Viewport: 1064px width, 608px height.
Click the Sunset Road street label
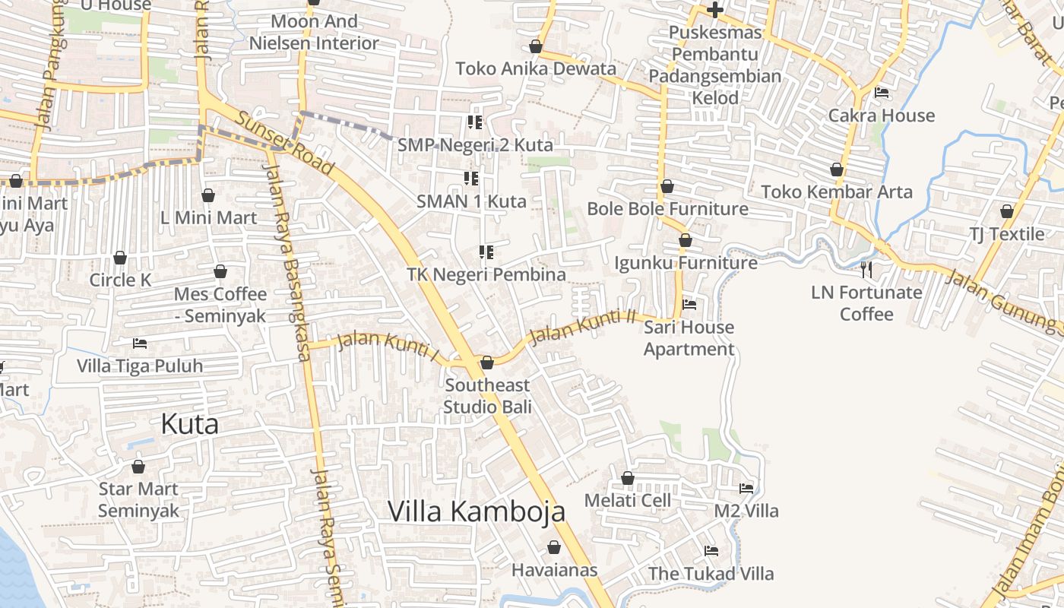pos(284,144)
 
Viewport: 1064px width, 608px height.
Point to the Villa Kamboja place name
pos(477,511)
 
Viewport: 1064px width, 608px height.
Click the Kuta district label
pos(190,424)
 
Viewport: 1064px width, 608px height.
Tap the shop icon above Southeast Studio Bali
pos(487,363)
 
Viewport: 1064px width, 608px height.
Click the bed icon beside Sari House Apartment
pos(689,305)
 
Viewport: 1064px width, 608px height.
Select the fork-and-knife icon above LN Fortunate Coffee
pos(866,269)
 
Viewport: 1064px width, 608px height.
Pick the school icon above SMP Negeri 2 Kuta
pos(475,122)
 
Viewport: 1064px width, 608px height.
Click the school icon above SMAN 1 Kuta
pos(471,179)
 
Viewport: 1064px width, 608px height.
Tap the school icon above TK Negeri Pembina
pos(486,252)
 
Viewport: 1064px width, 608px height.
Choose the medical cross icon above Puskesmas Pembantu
pos(714,10)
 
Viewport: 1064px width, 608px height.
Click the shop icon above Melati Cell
pos(628,478)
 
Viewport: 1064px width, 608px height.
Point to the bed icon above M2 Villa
pos(746,488)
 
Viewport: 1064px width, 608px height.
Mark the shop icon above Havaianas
pos(554,547)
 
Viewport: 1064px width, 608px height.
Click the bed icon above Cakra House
pos(882,93)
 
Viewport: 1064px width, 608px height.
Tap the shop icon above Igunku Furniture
pos(686,240)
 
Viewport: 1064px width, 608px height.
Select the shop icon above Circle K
pos(120,258)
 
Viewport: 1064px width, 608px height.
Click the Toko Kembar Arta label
pos(837,192)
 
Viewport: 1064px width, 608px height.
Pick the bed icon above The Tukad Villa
pos(711,550)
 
